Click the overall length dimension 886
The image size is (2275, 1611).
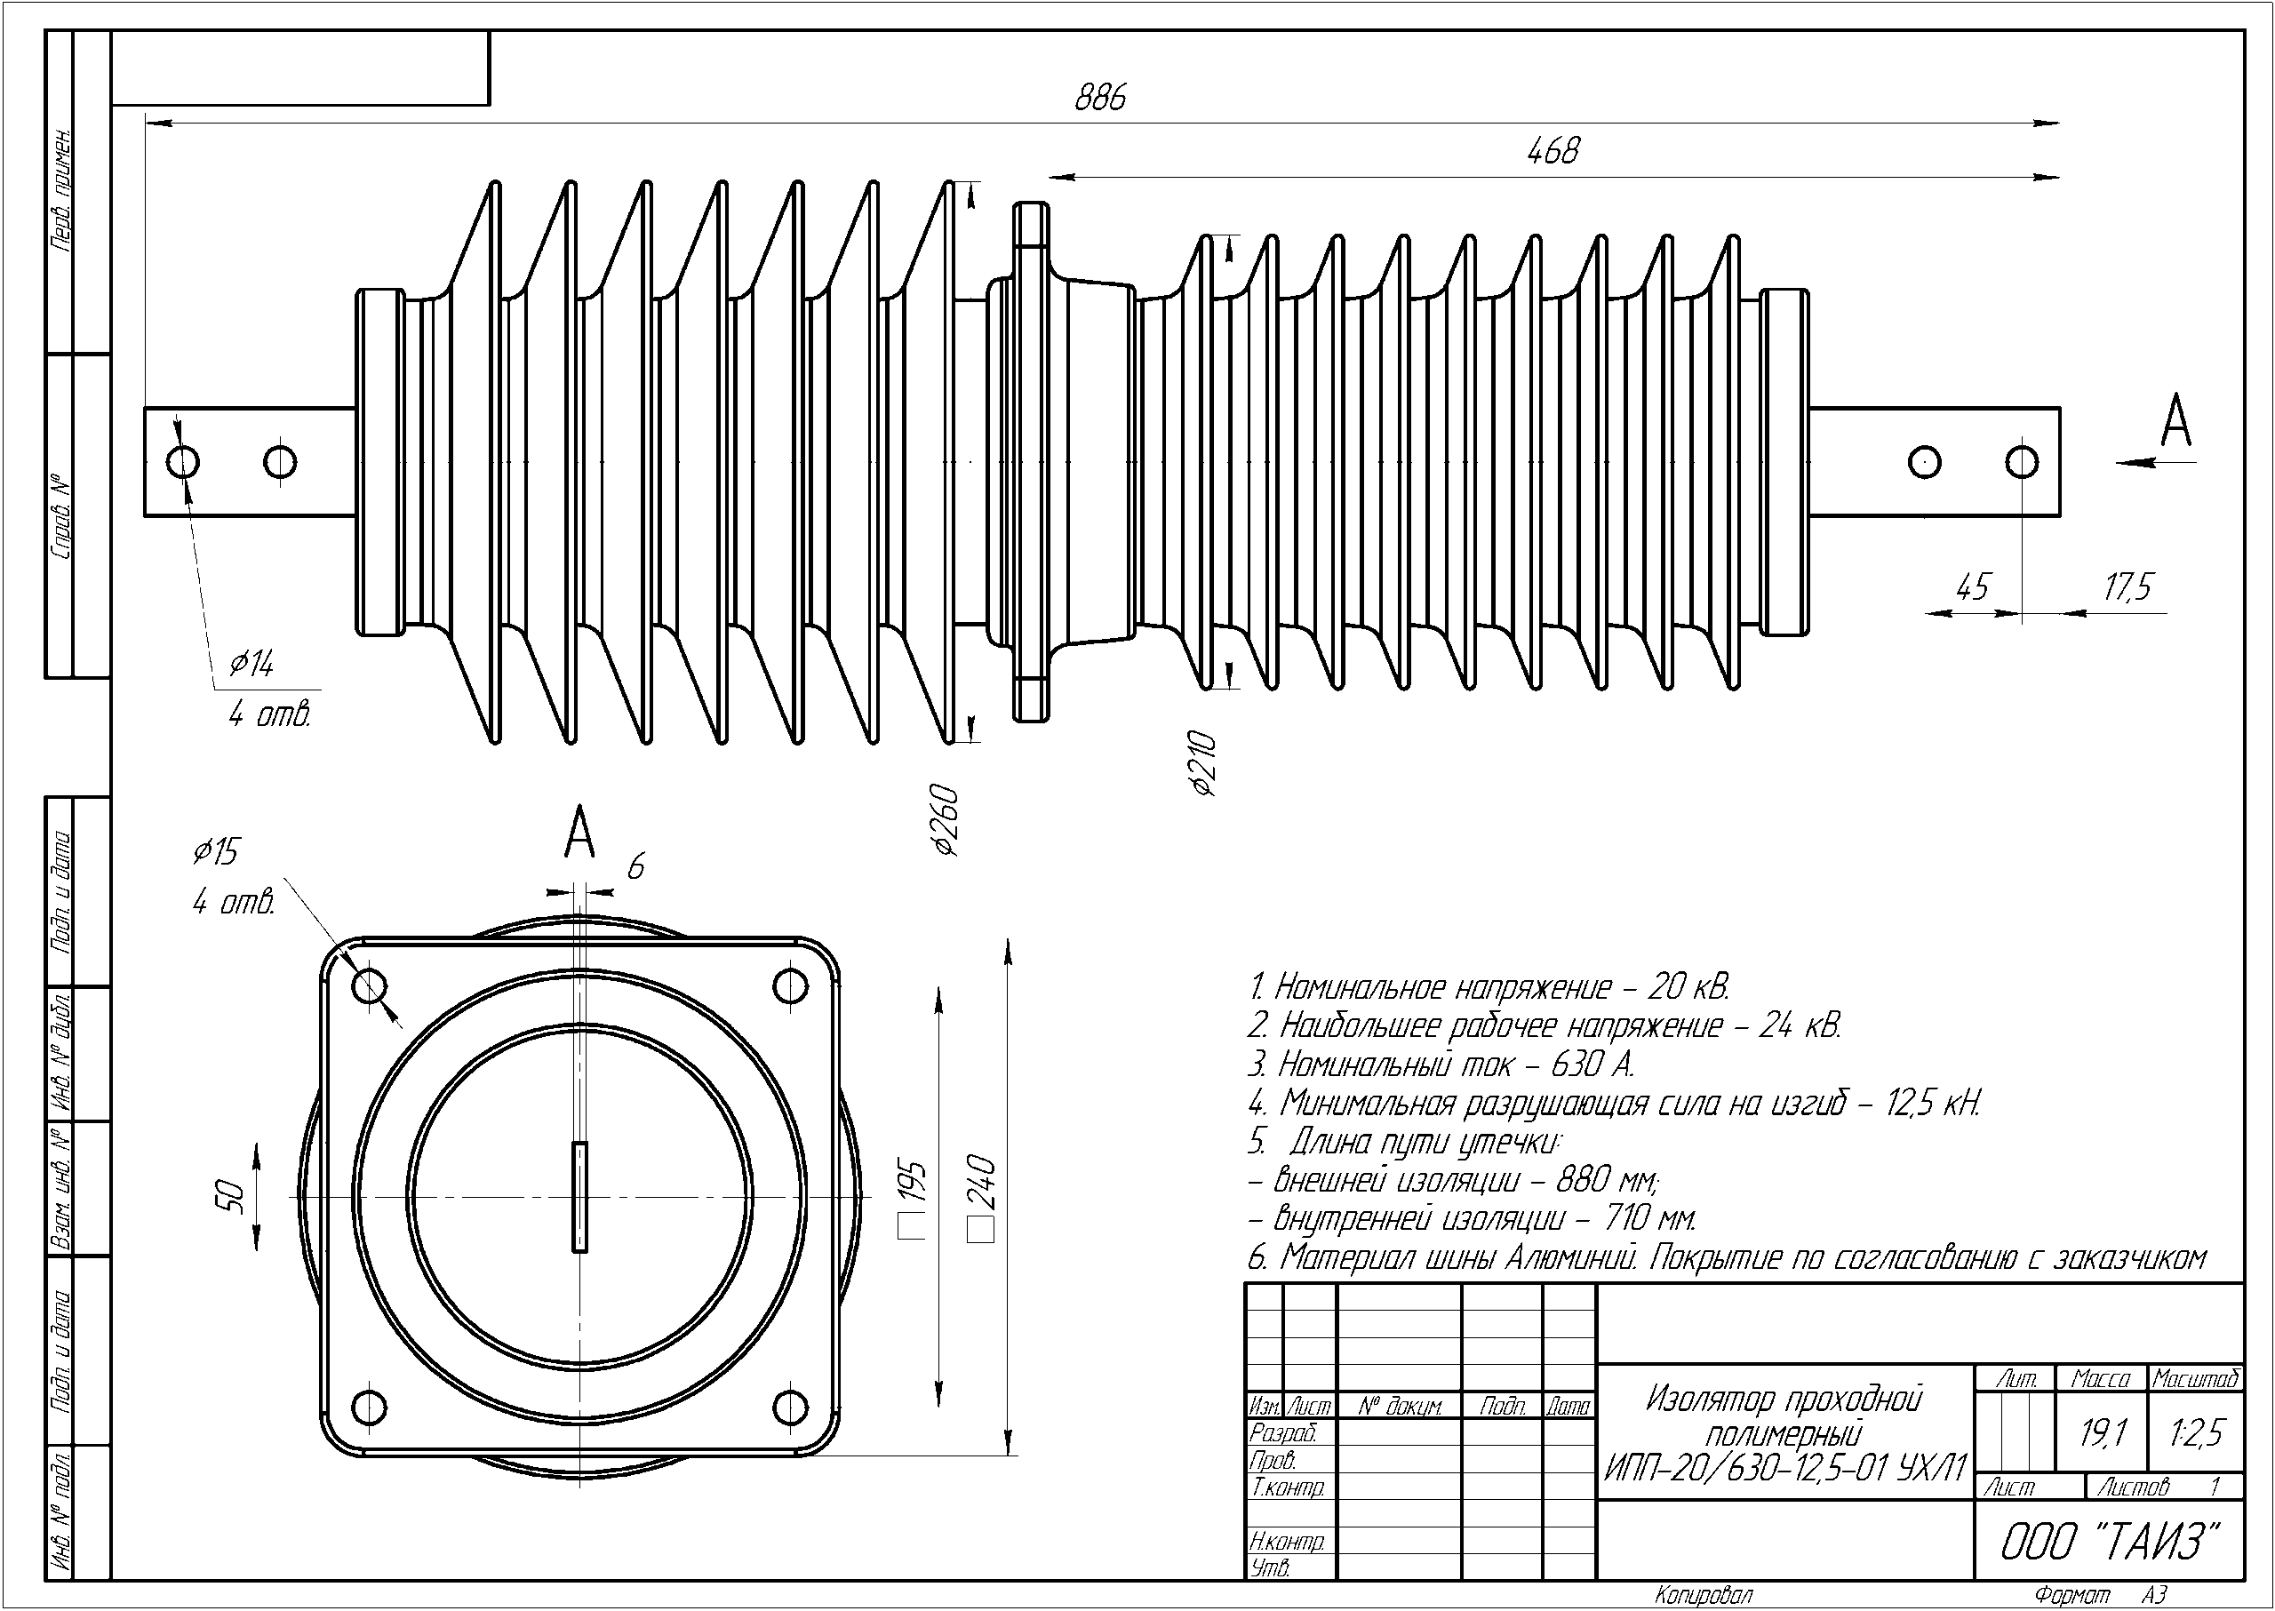pyautogui.click(x=1100, y=97)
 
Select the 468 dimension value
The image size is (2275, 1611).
pyautogui.click(x=1553, y=151)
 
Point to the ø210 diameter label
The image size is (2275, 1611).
pyautogui.click(x=1202, y=764)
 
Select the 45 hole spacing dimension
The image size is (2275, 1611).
pyautogui.click(x=1972, y=587)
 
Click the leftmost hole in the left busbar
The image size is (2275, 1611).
pyautogui.click(x=184, y=461)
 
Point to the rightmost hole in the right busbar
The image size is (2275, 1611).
pyautogui.click(x=2022, y=461)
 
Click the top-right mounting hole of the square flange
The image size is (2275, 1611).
pyautogui.click(x=790, y=986)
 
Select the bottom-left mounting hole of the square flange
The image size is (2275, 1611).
pyautogui.click(x=370, y=1406)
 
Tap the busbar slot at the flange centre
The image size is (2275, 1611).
pyautogui.click(x=579, y=1196)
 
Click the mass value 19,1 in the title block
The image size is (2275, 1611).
pyautogui.click(x=2103, y=1432)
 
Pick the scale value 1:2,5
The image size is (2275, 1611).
pyautogui.click(x=2198, y=1432)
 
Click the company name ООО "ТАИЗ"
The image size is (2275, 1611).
pyautogui.click(x=2108, y=1542)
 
